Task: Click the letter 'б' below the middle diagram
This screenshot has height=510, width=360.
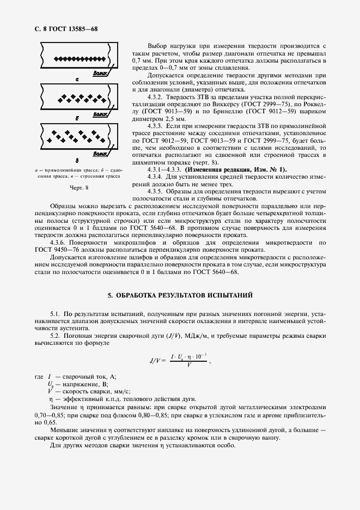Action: (77, 118)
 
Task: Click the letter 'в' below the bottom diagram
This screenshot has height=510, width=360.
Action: (77, 161)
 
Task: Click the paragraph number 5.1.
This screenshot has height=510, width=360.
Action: (55, 315)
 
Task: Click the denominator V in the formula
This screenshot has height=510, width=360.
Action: (188, 366)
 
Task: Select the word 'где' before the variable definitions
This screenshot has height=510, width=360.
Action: (38, 377)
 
